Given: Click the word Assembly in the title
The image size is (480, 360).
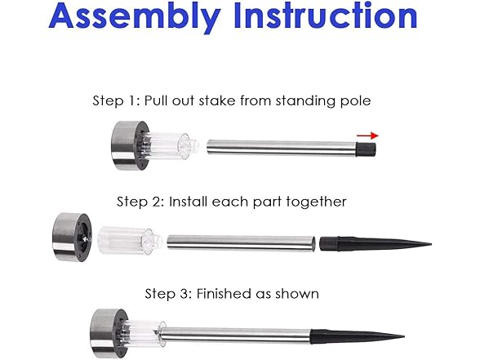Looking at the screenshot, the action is pyautogui.click(x=135, y=17).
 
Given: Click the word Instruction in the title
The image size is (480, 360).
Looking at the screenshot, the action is pyautogui.click(x=326, y=16).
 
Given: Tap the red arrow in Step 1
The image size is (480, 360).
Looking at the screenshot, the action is pyautogui.click(x=367, y=136).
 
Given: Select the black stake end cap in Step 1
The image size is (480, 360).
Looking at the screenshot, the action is pyautogui.click(x=366, y=149).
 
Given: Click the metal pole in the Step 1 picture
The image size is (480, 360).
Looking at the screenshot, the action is pyautogui.click(x=282, y=148).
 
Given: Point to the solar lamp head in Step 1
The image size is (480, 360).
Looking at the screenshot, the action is pyautogui.click(x=131, y=145).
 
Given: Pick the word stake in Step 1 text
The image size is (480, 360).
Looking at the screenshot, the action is pyautogui.click(x=217, y=100).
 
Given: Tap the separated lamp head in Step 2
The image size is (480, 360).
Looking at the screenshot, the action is pyautogui.click(x=72, y=238).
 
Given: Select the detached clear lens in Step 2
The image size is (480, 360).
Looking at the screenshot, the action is pyautogui.click(x=130, y=241).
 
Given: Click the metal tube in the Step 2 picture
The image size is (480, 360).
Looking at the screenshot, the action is pyautogui.click(x=242, y=242).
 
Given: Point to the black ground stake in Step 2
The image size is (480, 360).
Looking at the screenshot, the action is pyautogui.click(x=376, y=244).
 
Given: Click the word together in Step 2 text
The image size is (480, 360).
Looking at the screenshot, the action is pyautogui.click(x=316, y=202).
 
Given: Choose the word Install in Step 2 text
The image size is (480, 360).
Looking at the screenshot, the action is pyautogui.click(x=189, y=202).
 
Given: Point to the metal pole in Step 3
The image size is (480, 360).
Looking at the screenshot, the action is pyautogui.click(x=236, y=336).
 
